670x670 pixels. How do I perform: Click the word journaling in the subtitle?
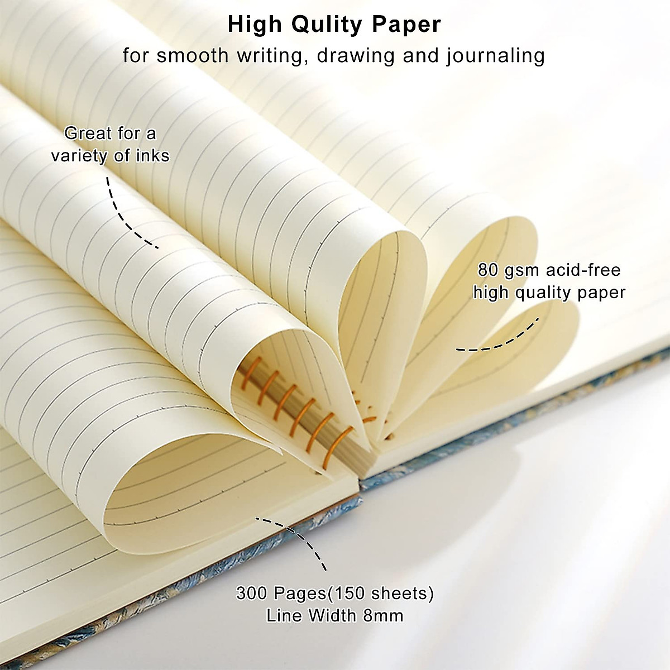[495, 56]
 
